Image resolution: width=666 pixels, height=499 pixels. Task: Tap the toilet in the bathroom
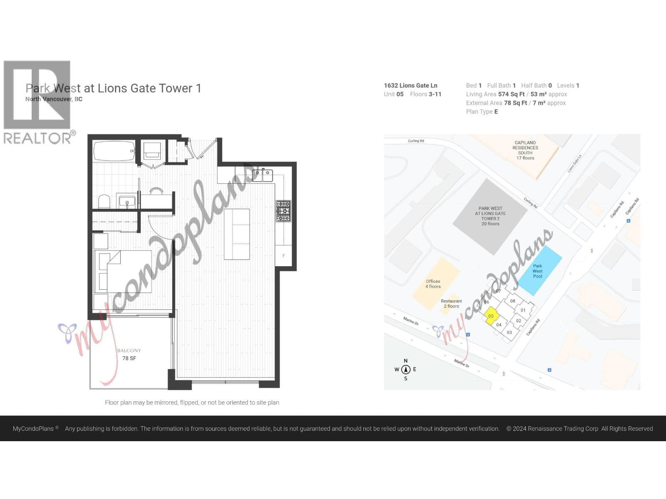click(x=104, y=202)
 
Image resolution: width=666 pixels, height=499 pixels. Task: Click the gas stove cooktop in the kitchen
click(x=283, y=211)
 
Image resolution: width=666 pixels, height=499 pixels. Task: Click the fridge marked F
click(x=283, y=255)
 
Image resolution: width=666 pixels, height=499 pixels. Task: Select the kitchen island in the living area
click(x=236, y=234)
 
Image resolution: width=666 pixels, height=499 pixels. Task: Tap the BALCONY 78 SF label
click(x=129, y=354)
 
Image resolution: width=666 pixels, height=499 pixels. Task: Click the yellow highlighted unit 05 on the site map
click(x=491, y=316)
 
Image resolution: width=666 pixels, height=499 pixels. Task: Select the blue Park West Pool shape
click(x=539, y=270)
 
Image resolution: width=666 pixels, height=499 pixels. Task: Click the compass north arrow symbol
click(x=405, y=369)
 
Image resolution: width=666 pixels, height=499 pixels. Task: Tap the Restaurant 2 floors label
click(x=451, y=304)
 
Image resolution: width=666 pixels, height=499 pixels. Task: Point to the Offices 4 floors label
click(x=433, y=284)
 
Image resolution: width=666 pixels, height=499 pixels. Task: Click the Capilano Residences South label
click(x=525, y=150)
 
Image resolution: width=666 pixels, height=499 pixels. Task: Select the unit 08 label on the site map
click(x=512, y=301)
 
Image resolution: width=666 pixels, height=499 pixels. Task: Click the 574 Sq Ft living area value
click(x=511, y=94)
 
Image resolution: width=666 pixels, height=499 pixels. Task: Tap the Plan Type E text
click(x=482, y=111)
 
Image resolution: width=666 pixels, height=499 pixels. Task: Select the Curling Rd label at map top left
click(x=416, y=141)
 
